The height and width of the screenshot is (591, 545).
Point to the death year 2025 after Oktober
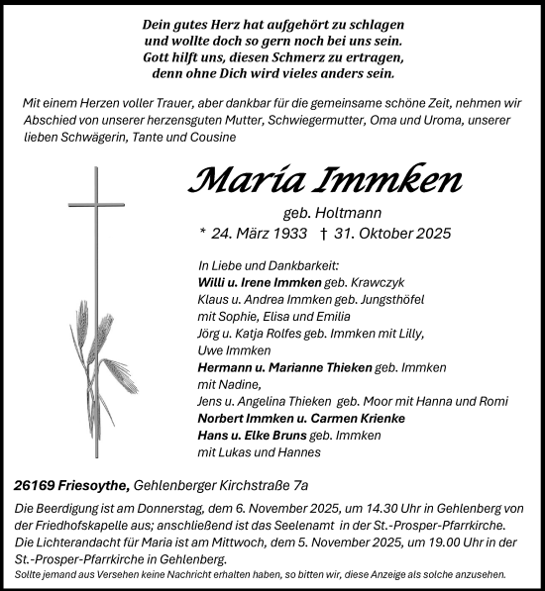tap(432, 234)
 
